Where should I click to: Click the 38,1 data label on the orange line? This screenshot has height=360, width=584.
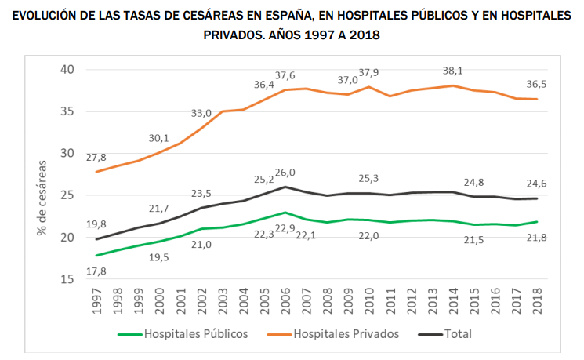point(452,71)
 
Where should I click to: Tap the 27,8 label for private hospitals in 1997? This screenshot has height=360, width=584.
point(98,156)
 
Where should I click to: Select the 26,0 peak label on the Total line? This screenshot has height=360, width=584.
point(285,173)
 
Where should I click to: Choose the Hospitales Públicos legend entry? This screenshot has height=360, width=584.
point(195,334)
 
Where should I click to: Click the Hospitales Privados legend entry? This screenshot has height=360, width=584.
point(346,334)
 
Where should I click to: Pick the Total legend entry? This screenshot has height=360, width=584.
point(458,334)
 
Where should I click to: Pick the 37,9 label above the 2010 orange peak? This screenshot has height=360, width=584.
point(369,73)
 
